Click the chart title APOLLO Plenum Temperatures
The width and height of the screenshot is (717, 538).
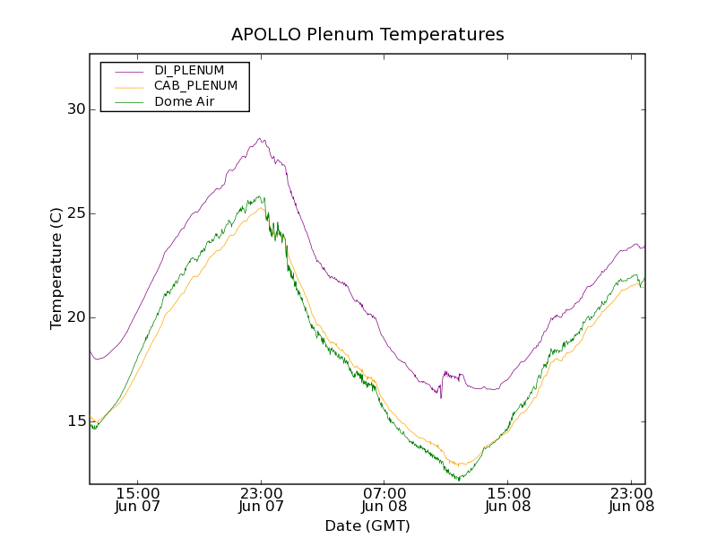(x=367, y=35)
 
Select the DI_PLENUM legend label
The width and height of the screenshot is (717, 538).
(x=189, y=70)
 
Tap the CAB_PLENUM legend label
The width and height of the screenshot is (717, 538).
(x=195, y=86)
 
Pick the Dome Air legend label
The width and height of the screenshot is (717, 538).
(x=185, y=102)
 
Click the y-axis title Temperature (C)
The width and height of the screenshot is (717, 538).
(x=56, y=268)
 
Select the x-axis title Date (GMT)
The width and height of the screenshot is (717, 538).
(x=367, y=525)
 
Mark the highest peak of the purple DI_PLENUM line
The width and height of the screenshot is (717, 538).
(x=260, y=138)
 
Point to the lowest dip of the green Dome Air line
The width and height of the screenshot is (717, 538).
(x=459, y=481)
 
